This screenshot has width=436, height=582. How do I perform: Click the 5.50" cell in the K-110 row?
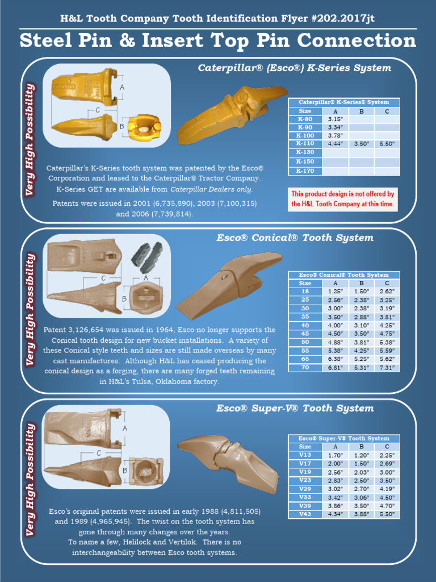(387, 144)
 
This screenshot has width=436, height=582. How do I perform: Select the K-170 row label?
(305, 171)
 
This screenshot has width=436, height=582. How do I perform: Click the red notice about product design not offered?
(342, 199)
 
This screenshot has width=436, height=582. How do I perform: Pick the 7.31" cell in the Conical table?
(387, 368)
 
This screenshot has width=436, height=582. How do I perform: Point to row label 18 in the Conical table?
(305, 291)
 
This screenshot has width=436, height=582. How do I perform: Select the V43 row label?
(305, 514)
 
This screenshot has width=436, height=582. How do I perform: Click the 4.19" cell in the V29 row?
(387, 488)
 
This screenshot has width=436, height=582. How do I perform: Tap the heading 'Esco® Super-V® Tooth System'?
(295, 408)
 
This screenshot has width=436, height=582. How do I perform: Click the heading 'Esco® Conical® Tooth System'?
(295, 238)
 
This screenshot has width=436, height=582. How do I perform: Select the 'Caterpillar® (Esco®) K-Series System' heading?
(294, 68)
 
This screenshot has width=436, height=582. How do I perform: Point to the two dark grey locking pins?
(147, 255)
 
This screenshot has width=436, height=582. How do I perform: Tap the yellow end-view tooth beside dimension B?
(143, 127)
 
